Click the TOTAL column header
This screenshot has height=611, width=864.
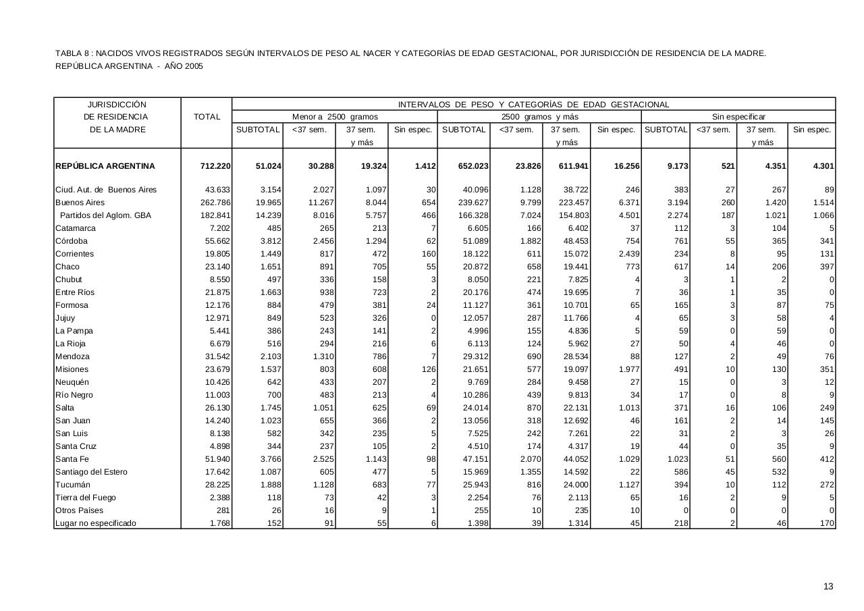(207, 117)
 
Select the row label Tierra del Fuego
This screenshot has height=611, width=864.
(86, 498)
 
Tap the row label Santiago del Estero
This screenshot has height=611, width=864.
(91, 472)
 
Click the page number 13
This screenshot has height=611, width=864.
(828, 587)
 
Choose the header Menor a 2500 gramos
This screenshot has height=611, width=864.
(335, 117)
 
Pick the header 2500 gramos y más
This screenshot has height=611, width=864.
(539, 117)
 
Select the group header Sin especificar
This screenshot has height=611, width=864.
(738, 117)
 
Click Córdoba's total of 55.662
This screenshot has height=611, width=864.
(217, 241)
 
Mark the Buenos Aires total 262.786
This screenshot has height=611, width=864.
(215, 203)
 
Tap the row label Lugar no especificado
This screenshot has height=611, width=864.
(95, 523)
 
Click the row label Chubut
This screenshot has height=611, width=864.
(69, 280)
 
